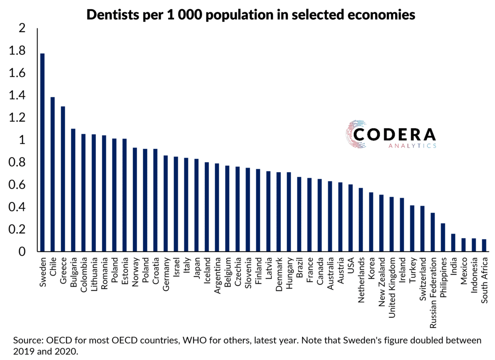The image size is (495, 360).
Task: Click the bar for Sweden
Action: (x=43, y=153)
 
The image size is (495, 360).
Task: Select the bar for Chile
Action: (x=53, y=175)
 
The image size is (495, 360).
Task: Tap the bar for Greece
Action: (x=63, y=179)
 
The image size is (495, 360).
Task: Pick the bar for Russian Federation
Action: (x=433, y=232)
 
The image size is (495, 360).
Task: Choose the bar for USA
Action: (x=351, y=218)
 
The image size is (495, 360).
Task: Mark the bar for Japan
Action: (x=197, y=205)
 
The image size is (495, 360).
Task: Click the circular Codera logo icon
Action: (x=356, y=135)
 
